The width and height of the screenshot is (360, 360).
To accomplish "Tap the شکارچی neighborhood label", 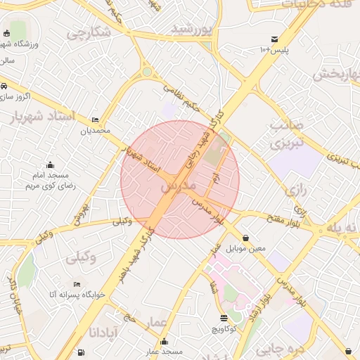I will (89, 32).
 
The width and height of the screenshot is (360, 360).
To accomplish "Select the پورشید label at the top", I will (191, 30).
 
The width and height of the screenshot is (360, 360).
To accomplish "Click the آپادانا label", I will (106, 331).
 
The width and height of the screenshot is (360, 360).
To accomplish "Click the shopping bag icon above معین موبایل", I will (245, 238).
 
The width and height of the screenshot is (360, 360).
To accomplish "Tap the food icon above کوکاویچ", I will (224, 319).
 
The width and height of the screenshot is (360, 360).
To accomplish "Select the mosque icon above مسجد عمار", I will (165, 342).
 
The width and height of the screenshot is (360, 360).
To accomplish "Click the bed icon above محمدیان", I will (95, 120).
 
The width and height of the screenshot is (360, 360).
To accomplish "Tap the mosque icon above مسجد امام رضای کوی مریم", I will (49, 165).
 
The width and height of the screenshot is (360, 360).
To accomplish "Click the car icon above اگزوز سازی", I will (5, 86).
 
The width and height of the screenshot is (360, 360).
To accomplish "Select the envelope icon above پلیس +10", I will (274, 39).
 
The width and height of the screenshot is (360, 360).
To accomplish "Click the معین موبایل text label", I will (246, 248).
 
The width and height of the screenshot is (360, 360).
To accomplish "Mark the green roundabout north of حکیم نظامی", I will (146, 71).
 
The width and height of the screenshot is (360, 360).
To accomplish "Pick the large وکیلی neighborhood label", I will (83, 259).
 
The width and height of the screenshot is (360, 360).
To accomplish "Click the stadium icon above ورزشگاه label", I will (6, 33).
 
